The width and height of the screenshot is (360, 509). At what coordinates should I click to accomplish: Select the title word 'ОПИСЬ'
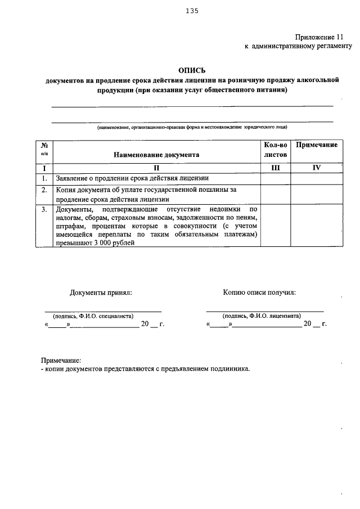[192, 71]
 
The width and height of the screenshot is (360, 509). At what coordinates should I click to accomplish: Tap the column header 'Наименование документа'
[156, 154]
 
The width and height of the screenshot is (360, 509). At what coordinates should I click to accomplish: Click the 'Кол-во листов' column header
[275, 149]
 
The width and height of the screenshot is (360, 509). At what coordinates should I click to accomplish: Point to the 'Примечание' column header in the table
[317, 145]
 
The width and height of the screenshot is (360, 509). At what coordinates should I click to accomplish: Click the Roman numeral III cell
[275, 168]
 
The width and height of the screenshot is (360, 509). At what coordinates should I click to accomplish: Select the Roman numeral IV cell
[317, 168]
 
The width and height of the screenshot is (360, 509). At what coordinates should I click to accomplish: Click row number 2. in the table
[44, 190]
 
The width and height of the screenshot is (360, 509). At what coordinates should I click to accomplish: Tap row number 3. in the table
[44, 209]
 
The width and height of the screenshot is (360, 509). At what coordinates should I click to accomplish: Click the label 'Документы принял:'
[101, 292]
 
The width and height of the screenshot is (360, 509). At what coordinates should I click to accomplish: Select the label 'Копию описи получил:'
[259, 292]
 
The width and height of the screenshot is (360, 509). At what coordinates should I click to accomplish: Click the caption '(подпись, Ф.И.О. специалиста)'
[93, 316]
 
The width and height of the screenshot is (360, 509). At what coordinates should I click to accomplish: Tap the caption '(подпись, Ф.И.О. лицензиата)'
[262, 316]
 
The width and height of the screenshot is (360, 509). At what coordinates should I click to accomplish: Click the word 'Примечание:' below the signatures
[61, 360]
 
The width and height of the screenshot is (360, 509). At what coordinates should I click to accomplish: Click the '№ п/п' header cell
[44, 149]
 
